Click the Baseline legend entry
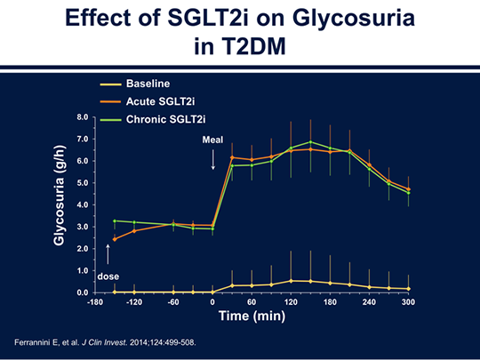pyautogui.click(x=135, y=84)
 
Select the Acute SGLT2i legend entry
pyautogui.click(x=148, y=101)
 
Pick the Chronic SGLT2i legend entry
pyautogui.click(x=153, y=119)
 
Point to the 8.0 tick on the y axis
pyautogui.click(x=83, y=117)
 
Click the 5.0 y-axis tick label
pyautogui.click(x=83, y=183)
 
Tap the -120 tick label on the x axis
pyautogui.click(x=134, y=302)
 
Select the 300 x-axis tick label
pyautogui.click(x=408, y=302)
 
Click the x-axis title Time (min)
pyautogui.click(x=252, y=316)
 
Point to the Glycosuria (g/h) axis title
pyautogui.click(x=59, y=196)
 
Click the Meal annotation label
pyautogui.click(x=212, y=140)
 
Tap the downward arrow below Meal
pyautogui.click(x=213, y=159)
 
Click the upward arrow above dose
pyautogui.click(x=108, y=254)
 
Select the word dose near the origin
pyautogui.click(x=108, y=276)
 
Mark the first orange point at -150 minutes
pyautogui.click(x=115, y=239)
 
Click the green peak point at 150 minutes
pyautogui.click(x=310, y=142)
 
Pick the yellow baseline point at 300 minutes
pyautogui.click(x=408, y=289)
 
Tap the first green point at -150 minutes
pyautogui.click(x=115, y=220)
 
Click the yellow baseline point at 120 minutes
pyautogui.click(x=291, y=281)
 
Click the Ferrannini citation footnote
pyautogui.click(x=105, y=342)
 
